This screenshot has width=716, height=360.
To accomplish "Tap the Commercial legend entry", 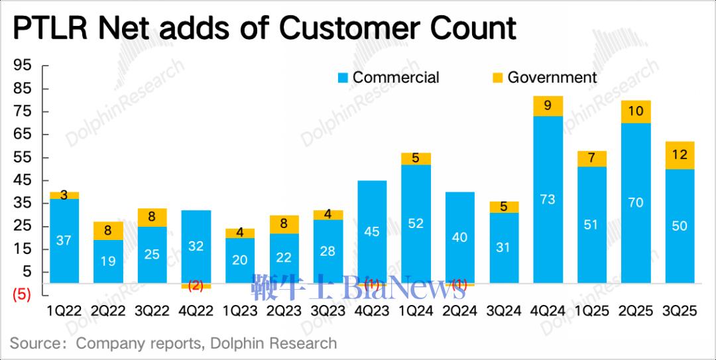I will point(388,78).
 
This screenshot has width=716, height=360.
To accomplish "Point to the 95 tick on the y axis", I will point(23,66).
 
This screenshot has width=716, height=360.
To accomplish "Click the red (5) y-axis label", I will point(22,295).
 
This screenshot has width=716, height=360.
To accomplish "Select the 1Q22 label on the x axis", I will point(64,310).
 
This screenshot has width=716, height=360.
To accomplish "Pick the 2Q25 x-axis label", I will point(635,310).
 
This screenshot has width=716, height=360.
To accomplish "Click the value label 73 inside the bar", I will point(547,199).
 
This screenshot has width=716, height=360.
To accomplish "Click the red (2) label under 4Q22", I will point(196,286).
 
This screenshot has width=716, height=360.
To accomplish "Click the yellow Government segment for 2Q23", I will point(284,224).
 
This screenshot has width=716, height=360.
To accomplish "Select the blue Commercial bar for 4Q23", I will point(372,231).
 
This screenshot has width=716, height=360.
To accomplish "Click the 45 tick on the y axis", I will point(23,180).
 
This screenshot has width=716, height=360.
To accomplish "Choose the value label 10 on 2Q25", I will point(635,111).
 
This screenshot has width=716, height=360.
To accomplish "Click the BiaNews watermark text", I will point(404,288).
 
